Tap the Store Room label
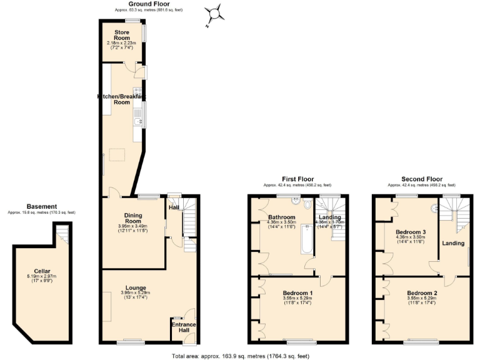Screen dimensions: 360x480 (x=121, y=35)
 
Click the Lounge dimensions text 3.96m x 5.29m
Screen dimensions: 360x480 (x=135, y=292)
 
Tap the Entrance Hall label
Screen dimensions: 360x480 (x=184, y=327)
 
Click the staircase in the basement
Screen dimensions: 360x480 (x=61, y=236)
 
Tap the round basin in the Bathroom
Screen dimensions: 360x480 (x=307, y=205)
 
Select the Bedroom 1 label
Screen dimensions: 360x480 (x=297, y=293)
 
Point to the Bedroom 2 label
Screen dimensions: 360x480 (x=422, y=293)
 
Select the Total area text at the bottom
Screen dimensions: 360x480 (x=240, y=356)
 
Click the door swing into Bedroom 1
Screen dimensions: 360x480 (x=325, y=280)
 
